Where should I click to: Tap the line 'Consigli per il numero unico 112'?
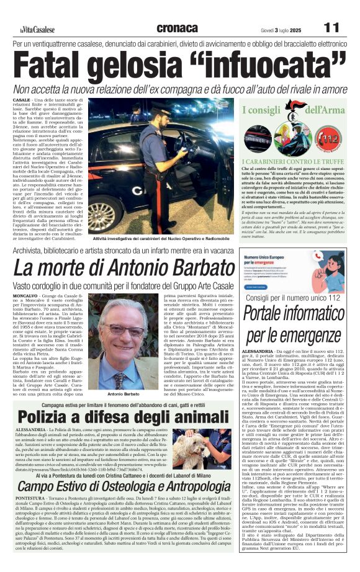pyautogui.click(x=292, y=298)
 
